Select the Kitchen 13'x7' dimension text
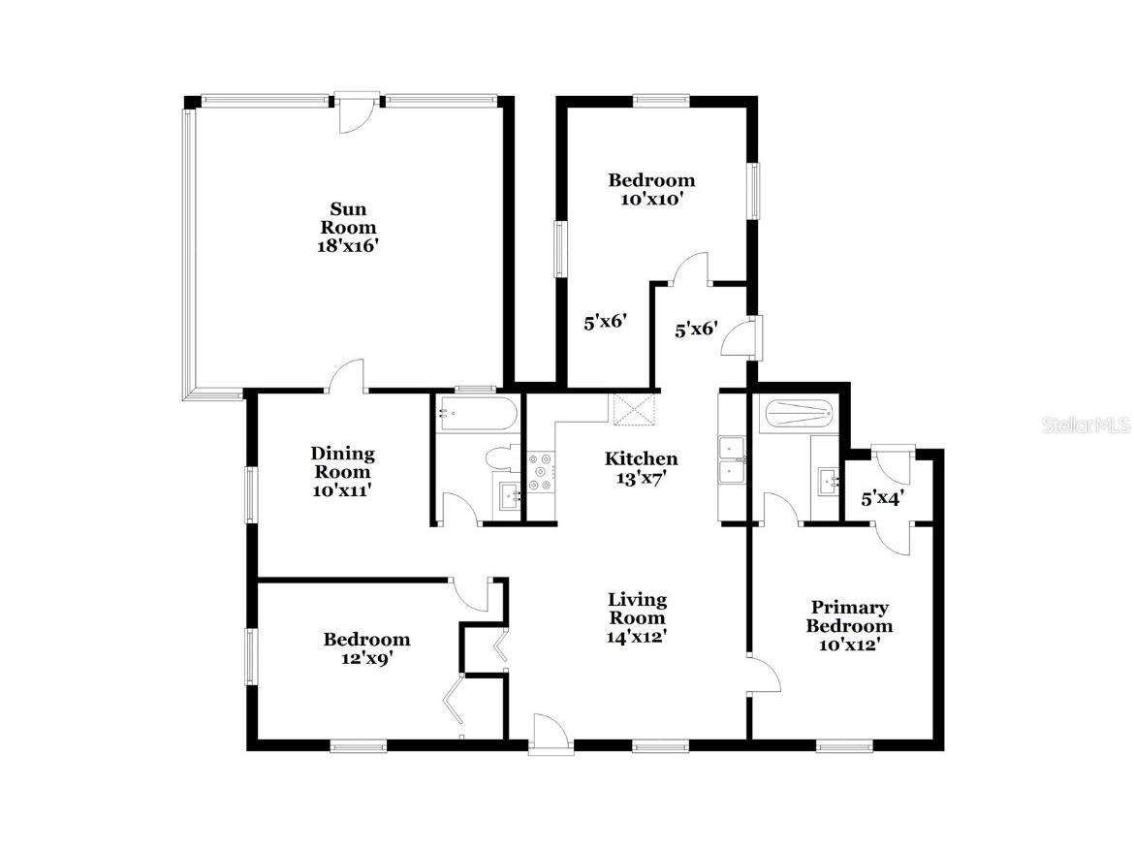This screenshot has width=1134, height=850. click(x=641, y=477)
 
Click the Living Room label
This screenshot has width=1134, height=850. click(x=637, y=609)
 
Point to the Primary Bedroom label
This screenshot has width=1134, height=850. click(x=849, y=616)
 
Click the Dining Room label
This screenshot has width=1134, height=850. click(x=342, y=462)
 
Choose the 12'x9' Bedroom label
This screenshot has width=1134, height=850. click(x=366, y=640)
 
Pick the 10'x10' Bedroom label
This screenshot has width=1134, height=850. click(x=651, y=180)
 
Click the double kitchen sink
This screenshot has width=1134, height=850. click(x=730, y=459)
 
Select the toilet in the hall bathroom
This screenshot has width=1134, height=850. click(x=501, y=458)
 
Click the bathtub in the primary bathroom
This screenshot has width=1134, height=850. click(x=799, y=416)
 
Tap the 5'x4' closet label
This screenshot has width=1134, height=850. click(x=883, y=500)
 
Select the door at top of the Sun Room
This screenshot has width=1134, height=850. click(x=356, y=111)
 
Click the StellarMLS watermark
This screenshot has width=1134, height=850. click(x=1087, y=425)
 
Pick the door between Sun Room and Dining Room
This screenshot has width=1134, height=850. click(x=348, y=377)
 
